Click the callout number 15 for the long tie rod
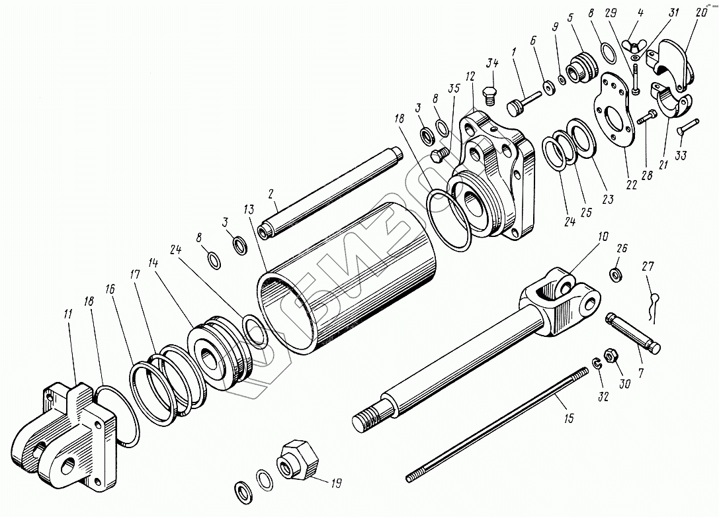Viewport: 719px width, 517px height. click(570, 418)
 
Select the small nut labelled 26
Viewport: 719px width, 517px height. click(615, 273)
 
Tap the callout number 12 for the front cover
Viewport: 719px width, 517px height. click(470, 77)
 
